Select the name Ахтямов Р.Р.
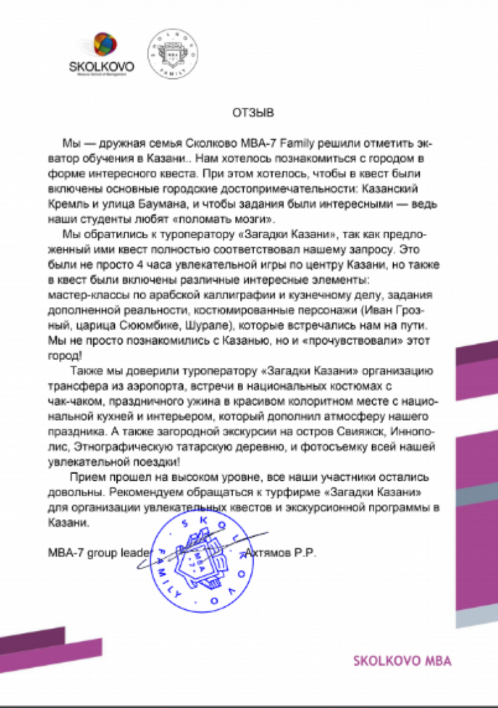click(281, 552)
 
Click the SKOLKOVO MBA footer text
click(402, 661)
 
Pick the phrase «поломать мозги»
click(235, 221)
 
